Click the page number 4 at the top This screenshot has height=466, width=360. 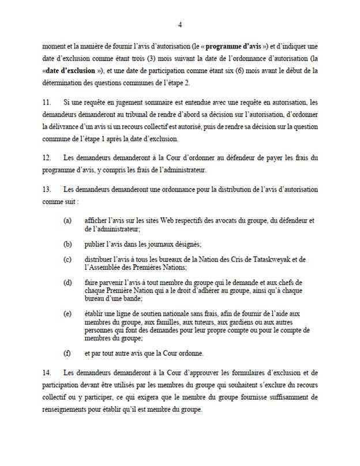(180, 24)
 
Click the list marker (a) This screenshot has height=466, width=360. (68, 221)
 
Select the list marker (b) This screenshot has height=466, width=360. (68, 244)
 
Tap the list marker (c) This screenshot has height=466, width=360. (68, 260)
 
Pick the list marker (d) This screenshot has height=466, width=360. (68, 282)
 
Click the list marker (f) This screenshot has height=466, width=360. (68, 353)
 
